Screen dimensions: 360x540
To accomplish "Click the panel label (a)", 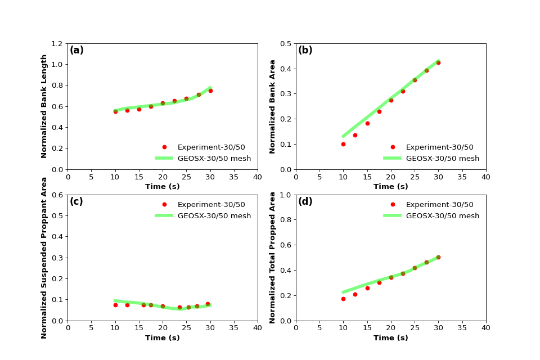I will pos(76,51).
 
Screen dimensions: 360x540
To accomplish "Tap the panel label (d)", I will pos(305,202).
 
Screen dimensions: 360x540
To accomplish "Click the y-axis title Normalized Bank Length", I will pos(44,106).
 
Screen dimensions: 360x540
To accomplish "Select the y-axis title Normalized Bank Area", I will pos(273,106).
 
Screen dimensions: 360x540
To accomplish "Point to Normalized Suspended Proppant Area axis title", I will pos(44,258).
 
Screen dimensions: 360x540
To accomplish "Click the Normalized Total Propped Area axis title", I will pos(273,258).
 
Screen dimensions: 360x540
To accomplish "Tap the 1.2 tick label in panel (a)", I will pos(57,43).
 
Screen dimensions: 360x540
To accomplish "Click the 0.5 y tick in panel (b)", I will pos(285,43).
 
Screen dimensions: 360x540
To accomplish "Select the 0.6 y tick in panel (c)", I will pos(57,195).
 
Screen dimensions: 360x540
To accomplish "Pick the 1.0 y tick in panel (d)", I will pos(285,195).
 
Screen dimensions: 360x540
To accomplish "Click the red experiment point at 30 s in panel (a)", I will pos(210,91).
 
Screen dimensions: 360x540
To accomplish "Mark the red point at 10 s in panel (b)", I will pos(343,144).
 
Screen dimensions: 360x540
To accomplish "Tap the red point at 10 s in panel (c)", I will pos(115,305).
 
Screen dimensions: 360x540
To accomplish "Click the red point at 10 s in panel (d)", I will pos(343,299).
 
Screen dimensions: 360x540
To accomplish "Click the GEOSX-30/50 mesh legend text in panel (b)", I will pos(443,159).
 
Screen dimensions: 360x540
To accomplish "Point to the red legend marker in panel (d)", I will pos(393,205).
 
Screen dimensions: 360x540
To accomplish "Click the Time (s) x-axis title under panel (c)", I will pos(163,338).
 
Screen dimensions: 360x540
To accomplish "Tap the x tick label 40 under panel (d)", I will pos(486,327).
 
